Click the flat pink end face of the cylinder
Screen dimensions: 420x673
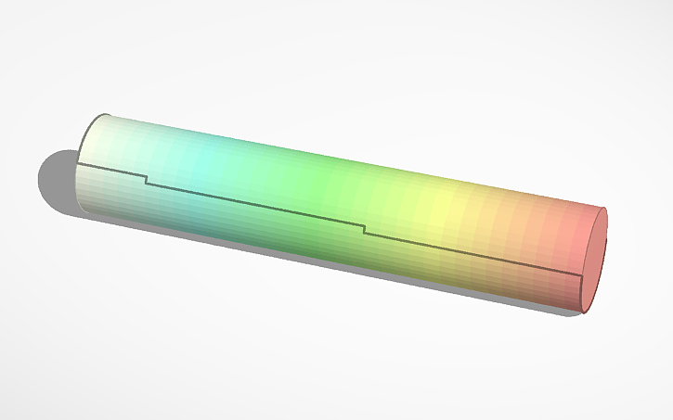point(593,261)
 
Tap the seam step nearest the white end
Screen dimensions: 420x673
point(146,179)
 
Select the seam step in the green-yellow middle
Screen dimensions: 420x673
point(364,229)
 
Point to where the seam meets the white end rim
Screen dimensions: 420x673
point(77,163)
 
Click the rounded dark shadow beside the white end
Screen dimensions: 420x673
point(56,181)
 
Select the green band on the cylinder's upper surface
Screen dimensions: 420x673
point(316,176)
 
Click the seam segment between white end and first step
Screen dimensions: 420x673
point(111,169)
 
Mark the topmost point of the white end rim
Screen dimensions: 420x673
point(105,115)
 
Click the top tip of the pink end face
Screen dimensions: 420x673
point(604,209)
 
